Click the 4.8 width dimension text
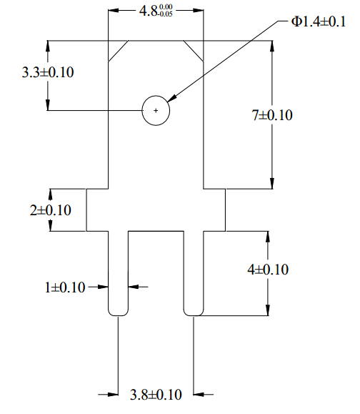[x=156, y=11]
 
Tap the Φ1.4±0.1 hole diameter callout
[x=318, y=21]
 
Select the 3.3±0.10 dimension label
[x=48, y=72]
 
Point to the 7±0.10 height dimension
[x=272, y=115]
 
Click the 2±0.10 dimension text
[x=51, y=210]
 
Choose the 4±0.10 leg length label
[x=268, y=270]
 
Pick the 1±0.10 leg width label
[x=65, y=287]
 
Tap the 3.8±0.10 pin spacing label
[x=156, y=395]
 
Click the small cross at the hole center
[x=156, y=110]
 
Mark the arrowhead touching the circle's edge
[x=171, y=98]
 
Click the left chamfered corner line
[x=118, y=51]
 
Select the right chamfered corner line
[x=194, y=51]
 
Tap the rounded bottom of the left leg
[x=118, y=315]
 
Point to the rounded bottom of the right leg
[x=194, y=315]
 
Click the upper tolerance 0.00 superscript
[x=166, y=6]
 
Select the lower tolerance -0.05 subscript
[x=166, y=14]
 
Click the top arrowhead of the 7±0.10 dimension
[x=272, y=46]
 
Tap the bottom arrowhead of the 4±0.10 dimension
[x=268, y=310]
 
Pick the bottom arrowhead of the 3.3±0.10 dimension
[x=48, y=105]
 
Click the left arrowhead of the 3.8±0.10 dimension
[x=113, y=395]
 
